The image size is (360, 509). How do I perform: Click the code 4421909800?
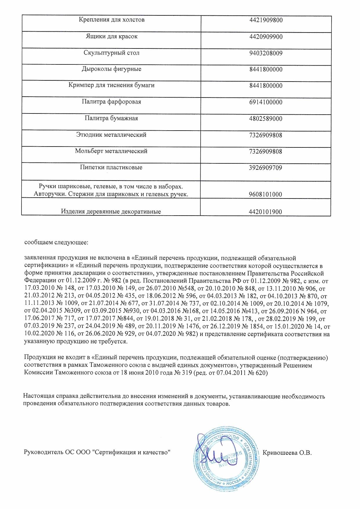[266, 20]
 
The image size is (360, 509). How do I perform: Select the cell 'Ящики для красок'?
[111, 37]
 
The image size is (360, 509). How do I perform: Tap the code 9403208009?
[266, 53]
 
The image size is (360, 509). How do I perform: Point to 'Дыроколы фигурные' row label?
[111, 69]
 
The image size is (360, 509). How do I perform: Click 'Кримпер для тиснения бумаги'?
[111, 85]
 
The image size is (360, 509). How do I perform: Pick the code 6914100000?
[266, 102]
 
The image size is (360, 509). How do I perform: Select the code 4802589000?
[266, 119]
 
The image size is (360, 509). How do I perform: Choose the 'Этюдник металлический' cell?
[111, 135]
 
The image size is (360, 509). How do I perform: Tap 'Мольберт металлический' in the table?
[111, 151]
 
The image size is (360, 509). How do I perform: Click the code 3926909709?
[266, 168]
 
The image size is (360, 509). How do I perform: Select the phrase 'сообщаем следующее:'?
[56, 242]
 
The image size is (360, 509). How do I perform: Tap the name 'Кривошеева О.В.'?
[287, 453]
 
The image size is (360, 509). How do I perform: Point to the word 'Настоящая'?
[37, 396]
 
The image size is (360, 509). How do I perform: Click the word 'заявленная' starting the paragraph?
[38, 258]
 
